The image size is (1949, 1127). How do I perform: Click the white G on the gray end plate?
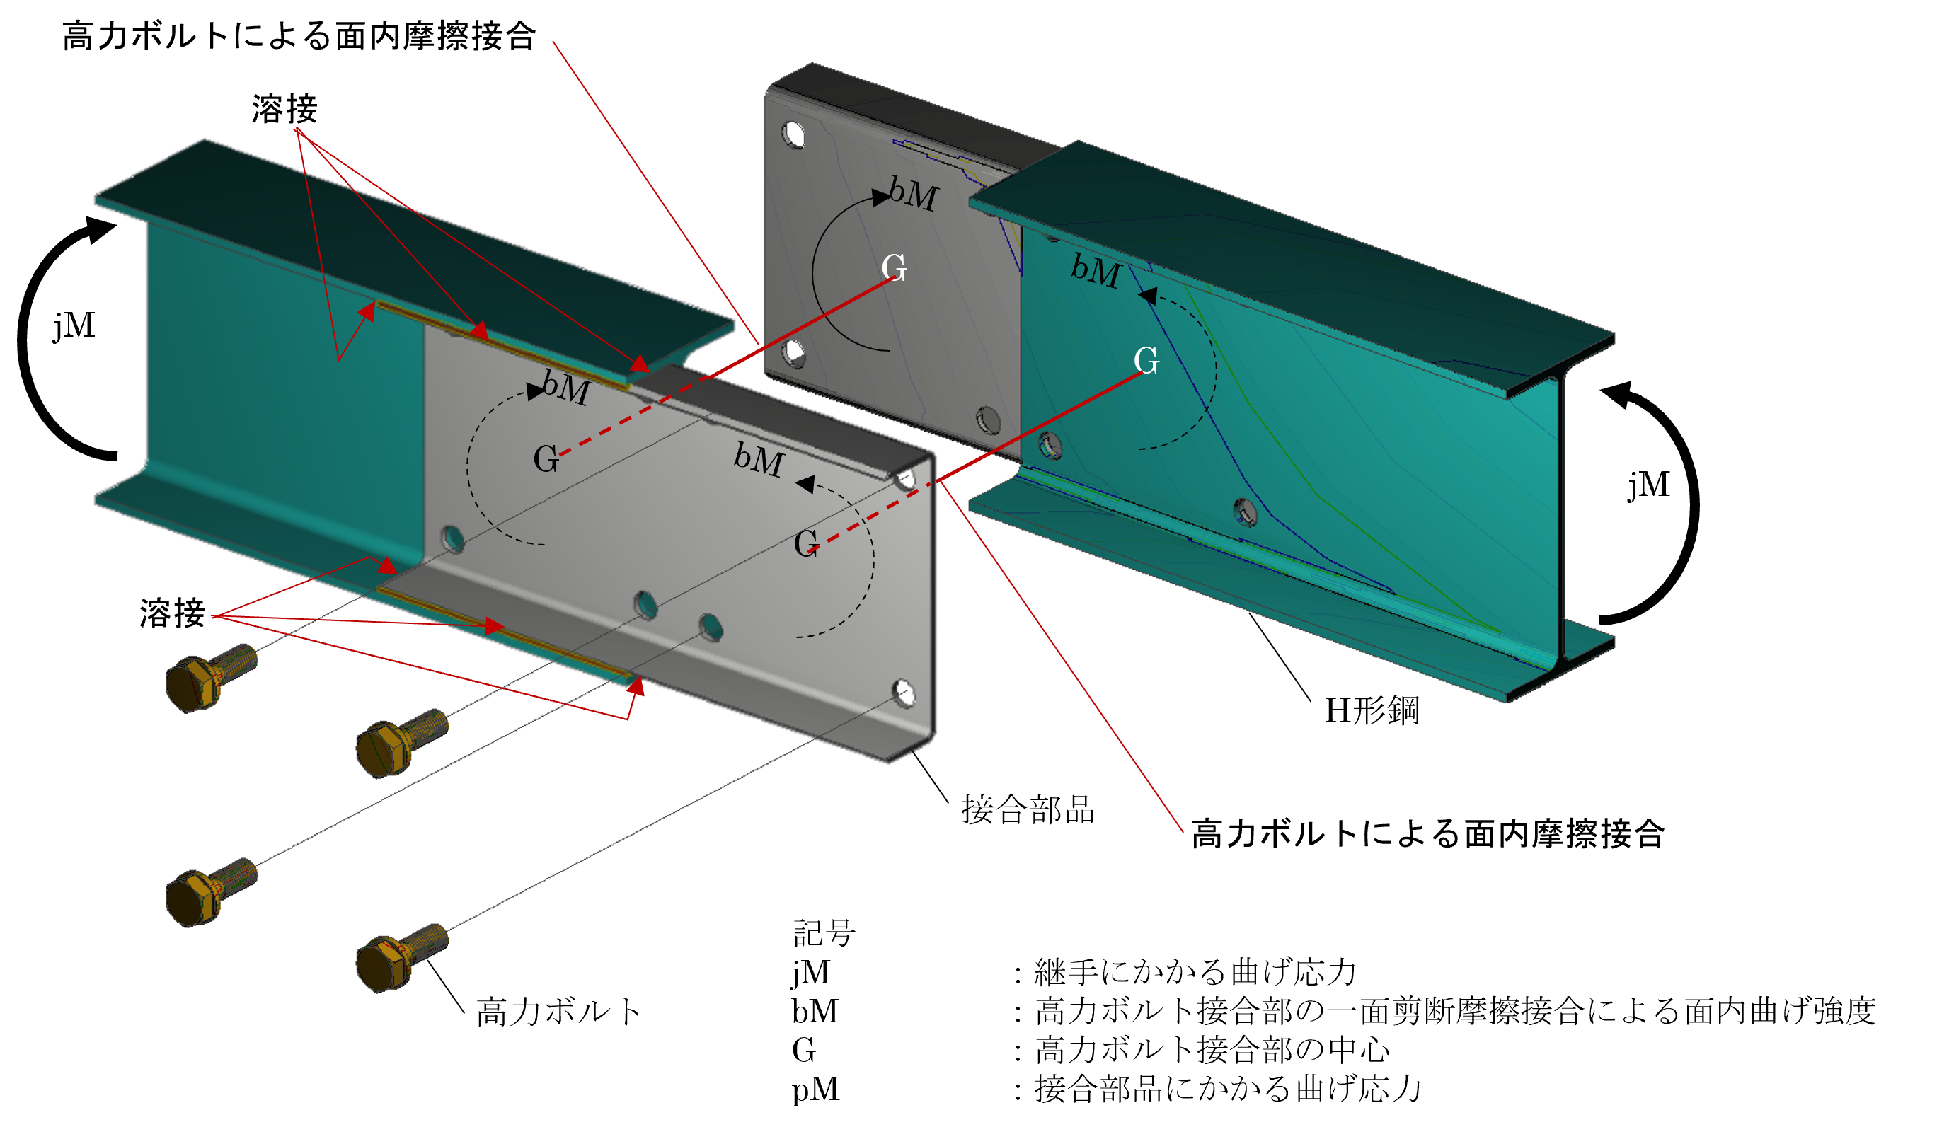coord(894,267)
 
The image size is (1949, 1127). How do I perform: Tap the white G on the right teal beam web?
coord(1146,360)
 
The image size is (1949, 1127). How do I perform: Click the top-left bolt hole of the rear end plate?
coord(793,135)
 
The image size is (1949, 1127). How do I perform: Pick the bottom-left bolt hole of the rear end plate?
coord(793,354)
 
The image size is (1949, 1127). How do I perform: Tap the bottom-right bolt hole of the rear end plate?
coord(989,420)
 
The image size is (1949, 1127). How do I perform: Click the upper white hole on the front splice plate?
coord(905,479)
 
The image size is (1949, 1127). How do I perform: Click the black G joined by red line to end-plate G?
coord(546,459)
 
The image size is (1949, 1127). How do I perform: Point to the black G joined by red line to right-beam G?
coord(806,543)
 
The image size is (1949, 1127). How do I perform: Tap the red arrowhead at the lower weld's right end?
coord(636,686)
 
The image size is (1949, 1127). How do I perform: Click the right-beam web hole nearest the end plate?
coord(1050,445)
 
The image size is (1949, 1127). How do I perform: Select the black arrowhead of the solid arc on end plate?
coord(880,198)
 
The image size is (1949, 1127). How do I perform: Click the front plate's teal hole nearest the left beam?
coord(453,539)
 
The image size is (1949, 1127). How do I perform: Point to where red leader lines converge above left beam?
coord(297,129)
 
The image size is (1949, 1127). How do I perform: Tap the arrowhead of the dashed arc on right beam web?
coord(1148,296)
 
